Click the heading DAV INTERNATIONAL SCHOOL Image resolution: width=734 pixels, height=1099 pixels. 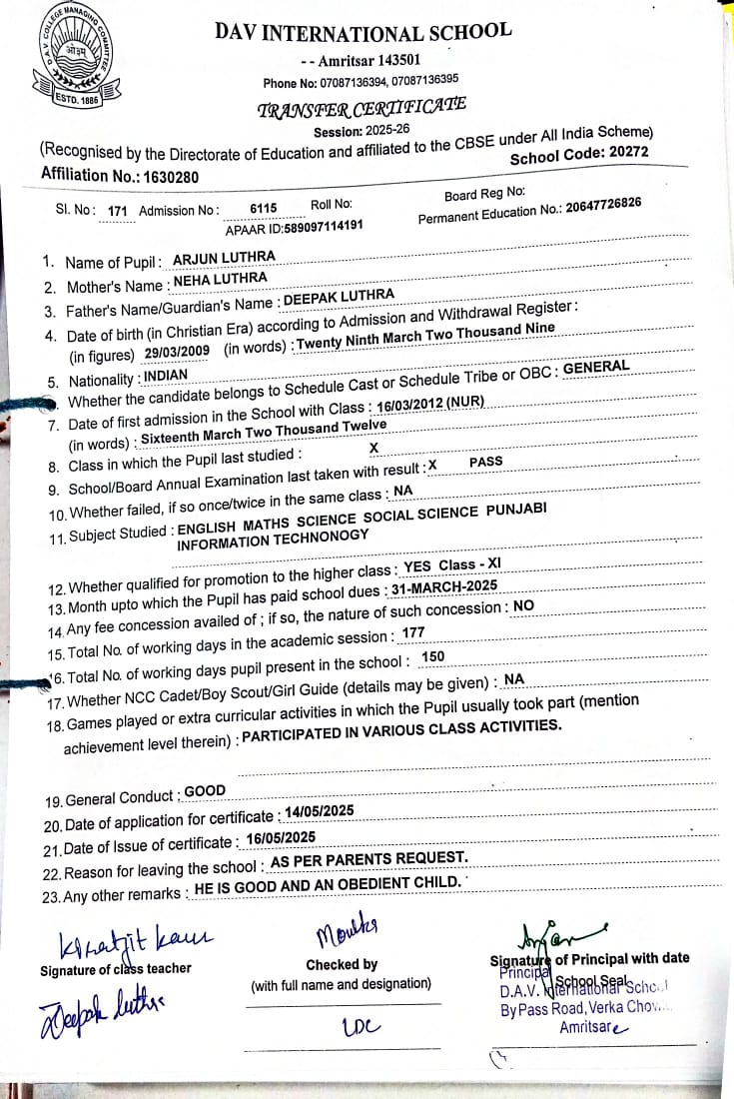(363, 31)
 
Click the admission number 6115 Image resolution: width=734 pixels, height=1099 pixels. (263, 208)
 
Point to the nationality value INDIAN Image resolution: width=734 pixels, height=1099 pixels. (166, 377)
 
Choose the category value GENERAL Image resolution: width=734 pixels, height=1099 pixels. (596, 367)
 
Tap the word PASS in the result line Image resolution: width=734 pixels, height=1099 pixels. (485, 463)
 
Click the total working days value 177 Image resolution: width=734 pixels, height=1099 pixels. (413, 633)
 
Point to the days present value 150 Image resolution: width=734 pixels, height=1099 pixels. (433, 656)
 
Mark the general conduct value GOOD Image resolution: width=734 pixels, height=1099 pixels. (205, 791)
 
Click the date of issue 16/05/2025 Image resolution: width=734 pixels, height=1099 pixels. (281, 837)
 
